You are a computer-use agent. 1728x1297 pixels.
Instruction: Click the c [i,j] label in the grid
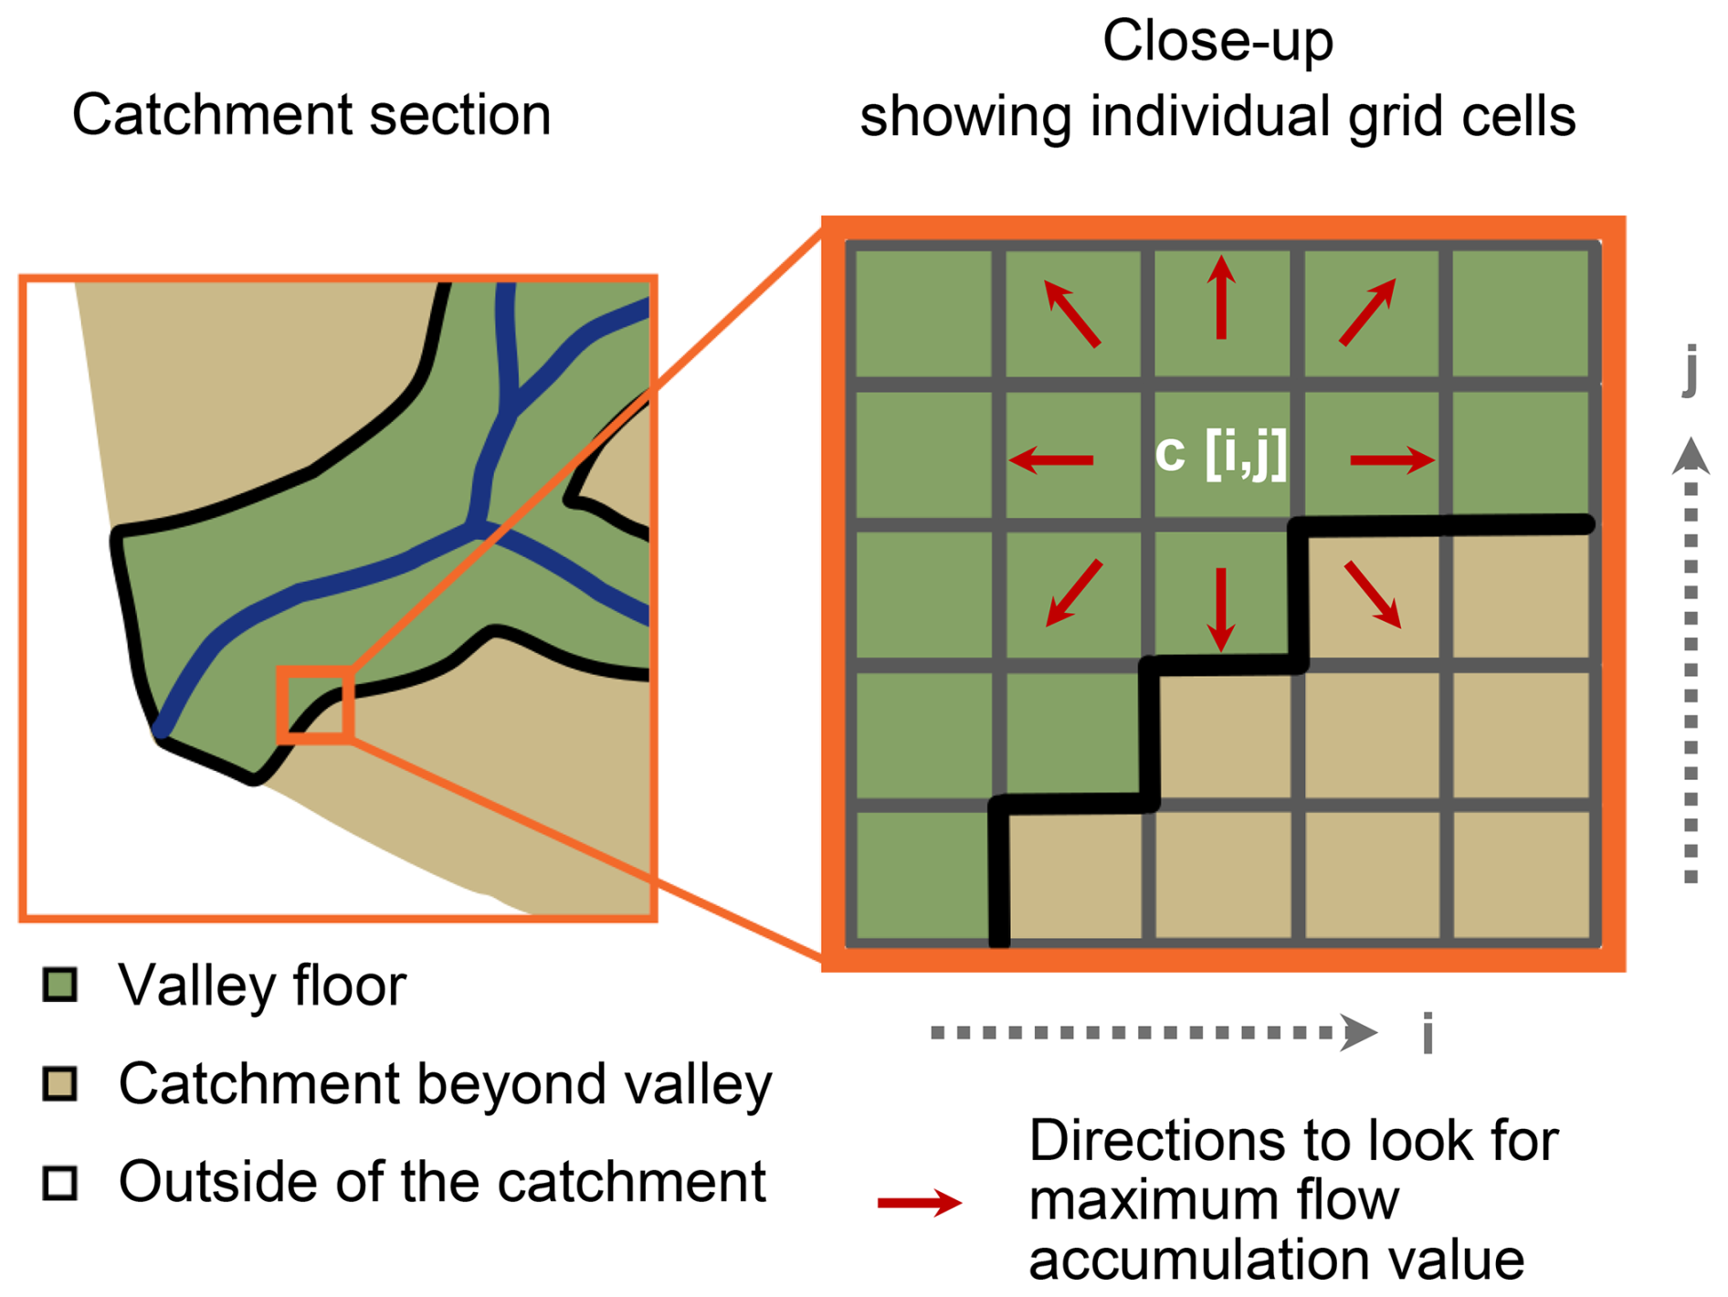tap(1220, 454)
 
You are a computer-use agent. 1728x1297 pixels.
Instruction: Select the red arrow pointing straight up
tap(1221, 298)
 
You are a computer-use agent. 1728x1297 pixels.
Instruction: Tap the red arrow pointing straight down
tap(1221, 609)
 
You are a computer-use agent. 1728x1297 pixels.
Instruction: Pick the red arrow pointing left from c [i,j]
tap(1051, 459)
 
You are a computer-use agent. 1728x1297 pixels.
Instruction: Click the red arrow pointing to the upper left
tap(1072, 313)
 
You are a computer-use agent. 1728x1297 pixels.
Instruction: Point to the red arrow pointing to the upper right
tap(1368, 311)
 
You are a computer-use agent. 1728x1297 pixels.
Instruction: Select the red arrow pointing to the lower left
tap(1074, 593)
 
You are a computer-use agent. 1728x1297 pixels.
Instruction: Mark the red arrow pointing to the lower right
tap(1373, 595)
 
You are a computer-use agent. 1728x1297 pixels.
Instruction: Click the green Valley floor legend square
tap(60, 985)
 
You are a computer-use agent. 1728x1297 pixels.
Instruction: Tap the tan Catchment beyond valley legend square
tap(60, 1083)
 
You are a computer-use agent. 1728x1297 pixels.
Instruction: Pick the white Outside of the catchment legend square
tap(60, 1182)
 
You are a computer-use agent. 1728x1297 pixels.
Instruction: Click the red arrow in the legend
tap(919, 1203)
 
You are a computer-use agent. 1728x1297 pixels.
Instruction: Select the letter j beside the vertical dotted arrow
tap(1691, 367)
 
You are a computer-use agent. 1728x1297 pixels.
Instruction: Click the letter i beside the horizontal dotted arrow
tap(1428, 1033)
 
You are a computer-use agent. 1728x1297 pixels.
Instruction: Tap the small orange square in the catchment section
tap(316, 703)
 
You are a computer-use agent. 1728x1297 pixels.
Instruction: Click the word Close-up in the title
tap(1217, 41)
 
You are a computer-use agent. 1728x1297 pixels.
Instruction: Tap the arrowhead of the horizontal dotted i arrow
tap(1360, 1033)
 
